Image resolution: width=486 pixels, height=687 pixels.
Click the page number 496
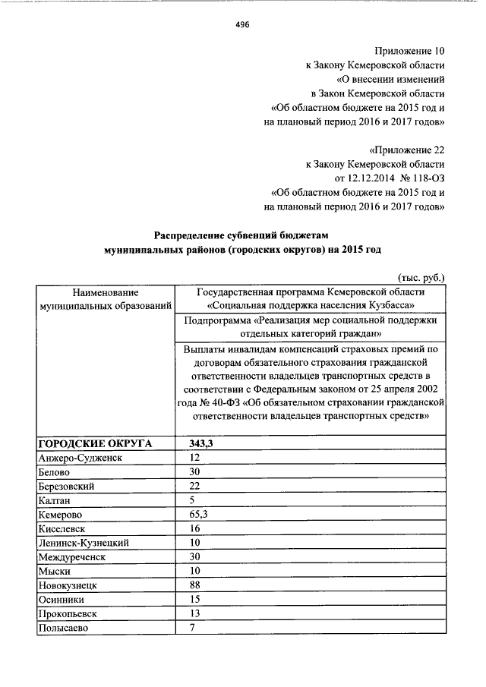(x=242, y=24)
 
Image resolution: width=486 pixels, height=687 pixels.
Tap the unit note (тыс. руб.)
(x=421, y=278)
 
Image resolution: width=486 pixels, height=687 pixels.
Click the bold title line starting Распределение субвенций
(x=243, y=235)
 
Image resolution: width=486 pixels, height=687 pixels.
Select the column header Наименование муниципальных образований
(x=106, y=298)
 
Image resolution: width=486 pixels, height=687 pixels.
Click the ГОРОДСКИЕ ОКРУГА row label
(x=95, y=443)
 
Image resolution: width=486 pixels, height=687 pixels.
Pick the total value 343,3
(x=200, y=443)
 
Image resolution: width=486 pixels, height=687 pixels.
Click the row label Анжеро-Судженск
(x=80, y=458)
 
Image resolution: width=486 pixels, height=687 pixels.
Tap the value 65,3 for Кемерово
(x=199, y=515)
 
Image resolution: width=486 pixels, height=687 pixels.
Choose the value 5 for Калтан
(x=192, y=500)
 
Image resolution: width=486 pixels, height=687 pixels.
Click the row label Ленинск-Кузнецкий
(x=83, y=543)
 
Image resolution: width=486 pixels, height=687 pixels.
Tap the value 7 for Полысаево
(x=192, y=628)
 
